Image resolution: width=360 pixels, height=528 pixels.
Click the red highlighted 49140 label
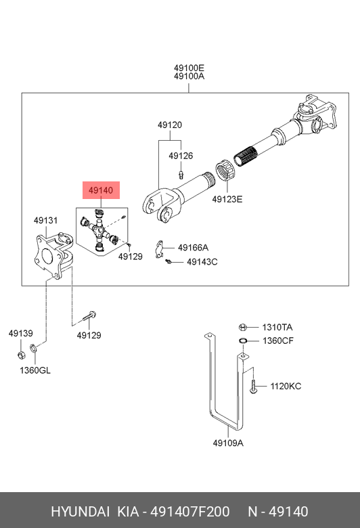(x=101, y=190)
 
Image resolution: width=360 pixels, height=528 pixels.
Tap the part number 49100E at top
(x=189, y=68)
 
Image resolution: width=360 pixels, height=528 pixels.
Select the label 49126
(x=181, y=156)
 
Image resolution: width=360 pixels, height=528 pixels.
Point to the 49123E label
(x=227, y=199)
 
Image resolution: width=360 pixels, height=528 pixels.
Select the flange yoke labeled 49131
(x=53, y=255)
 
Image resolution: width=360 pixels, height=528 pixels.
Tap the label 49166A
(x=194, y=248)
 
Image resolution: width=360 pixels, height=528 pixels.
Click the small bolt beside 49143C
(x=168, y=261)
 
